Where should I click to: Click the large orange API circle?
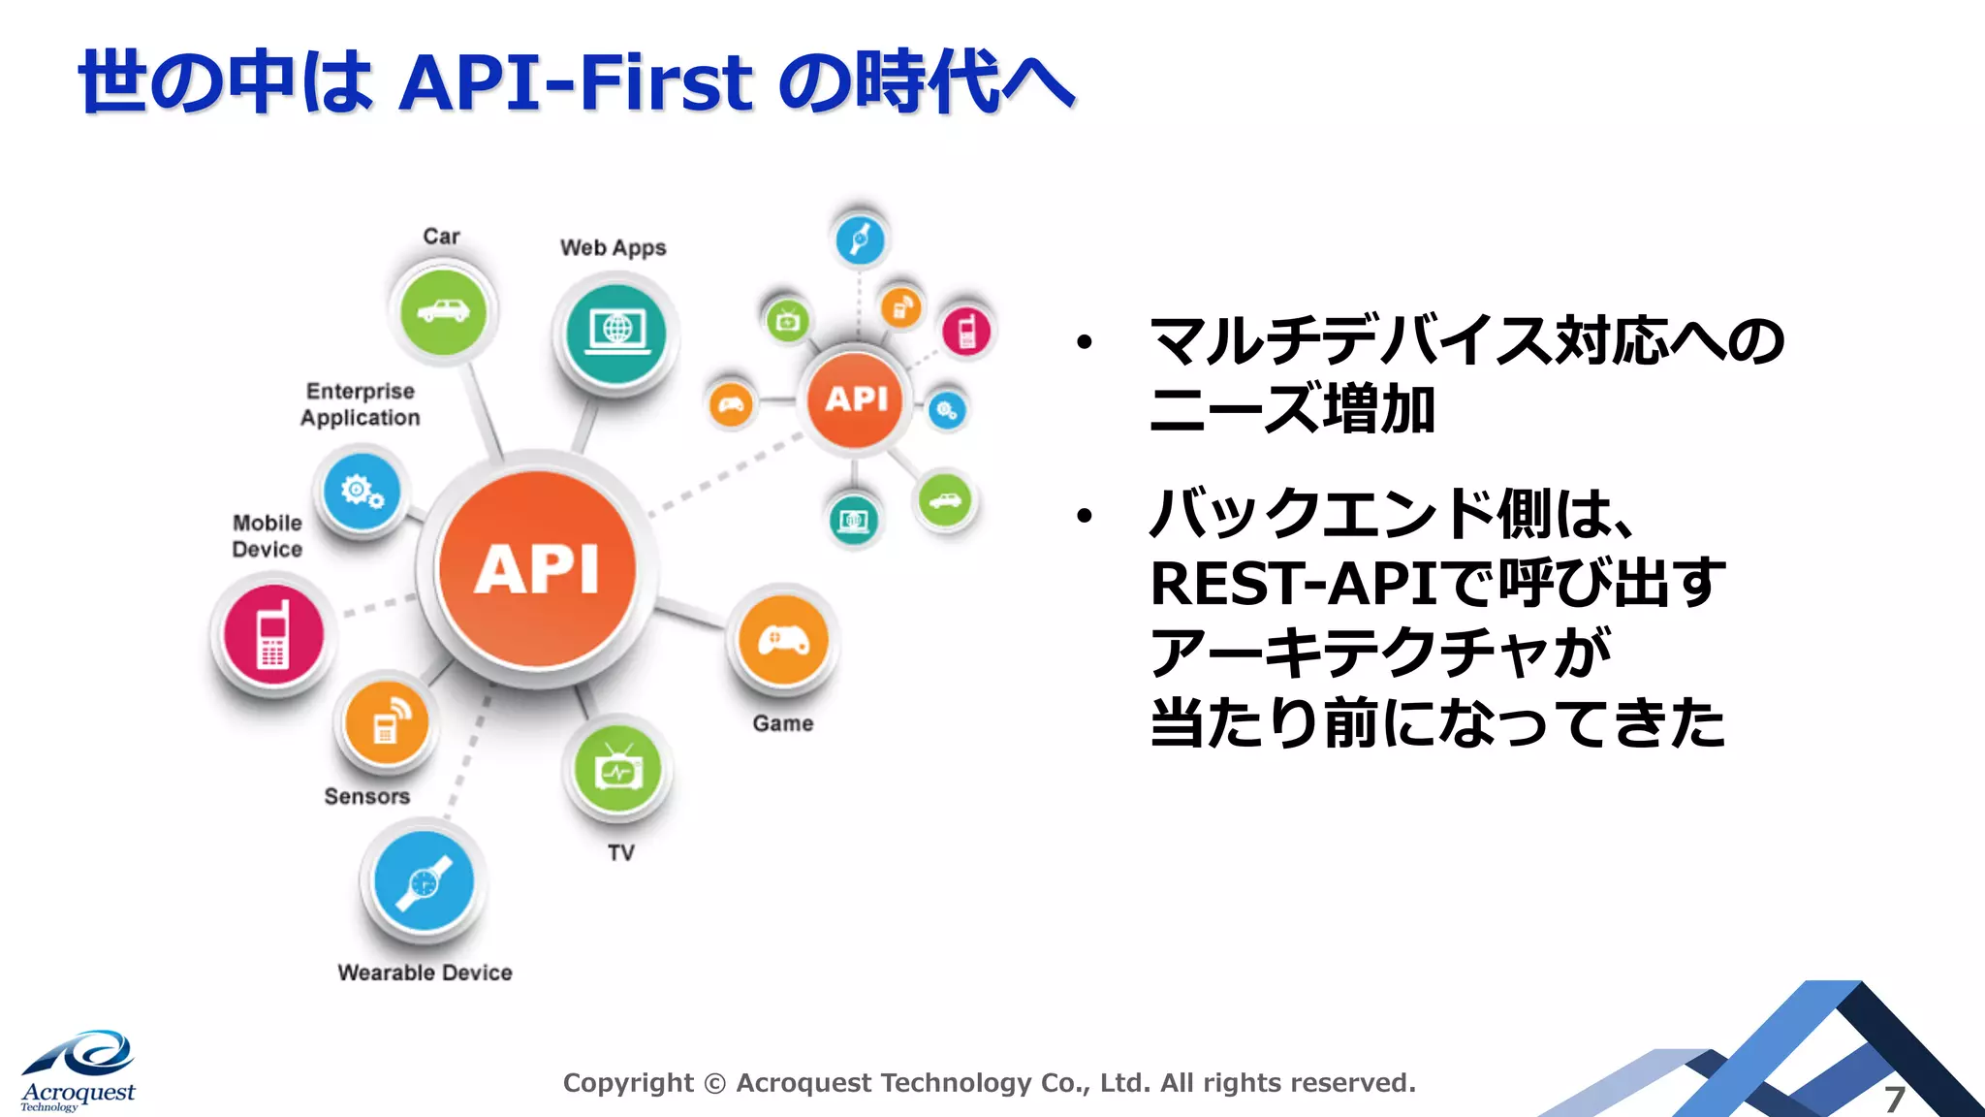coord(538,569)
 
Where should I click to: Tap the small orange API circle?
coord(856,399)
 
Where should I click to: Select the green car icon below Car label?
coord(443,311)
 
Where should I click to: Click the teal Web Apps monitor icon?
coord(616,333)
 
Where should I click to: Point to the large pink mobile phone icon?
coord(273,634)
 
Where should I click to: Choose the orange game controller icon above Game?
coord(783,641)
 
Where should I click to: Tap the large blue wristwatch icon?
coord(424,881)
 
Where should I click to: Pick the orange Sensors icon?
coord(387,723)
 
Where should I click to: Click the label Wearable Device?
coord(425,973)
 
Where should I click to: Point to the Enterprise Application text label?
coord(360,404)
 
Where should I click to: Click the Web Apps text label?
coord(613,248)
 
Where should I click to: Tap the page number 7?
coord(1894,1100)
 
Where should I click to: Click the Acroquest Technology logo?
coord(78,1072)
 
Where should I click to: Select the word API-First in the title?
coord(575,82)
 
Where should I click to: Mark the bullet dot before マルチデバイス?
coord(1084,342)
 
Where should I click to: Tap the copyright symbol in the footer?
coord(714,1084)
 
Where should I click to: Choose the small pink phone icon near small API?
coord(966,331)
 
